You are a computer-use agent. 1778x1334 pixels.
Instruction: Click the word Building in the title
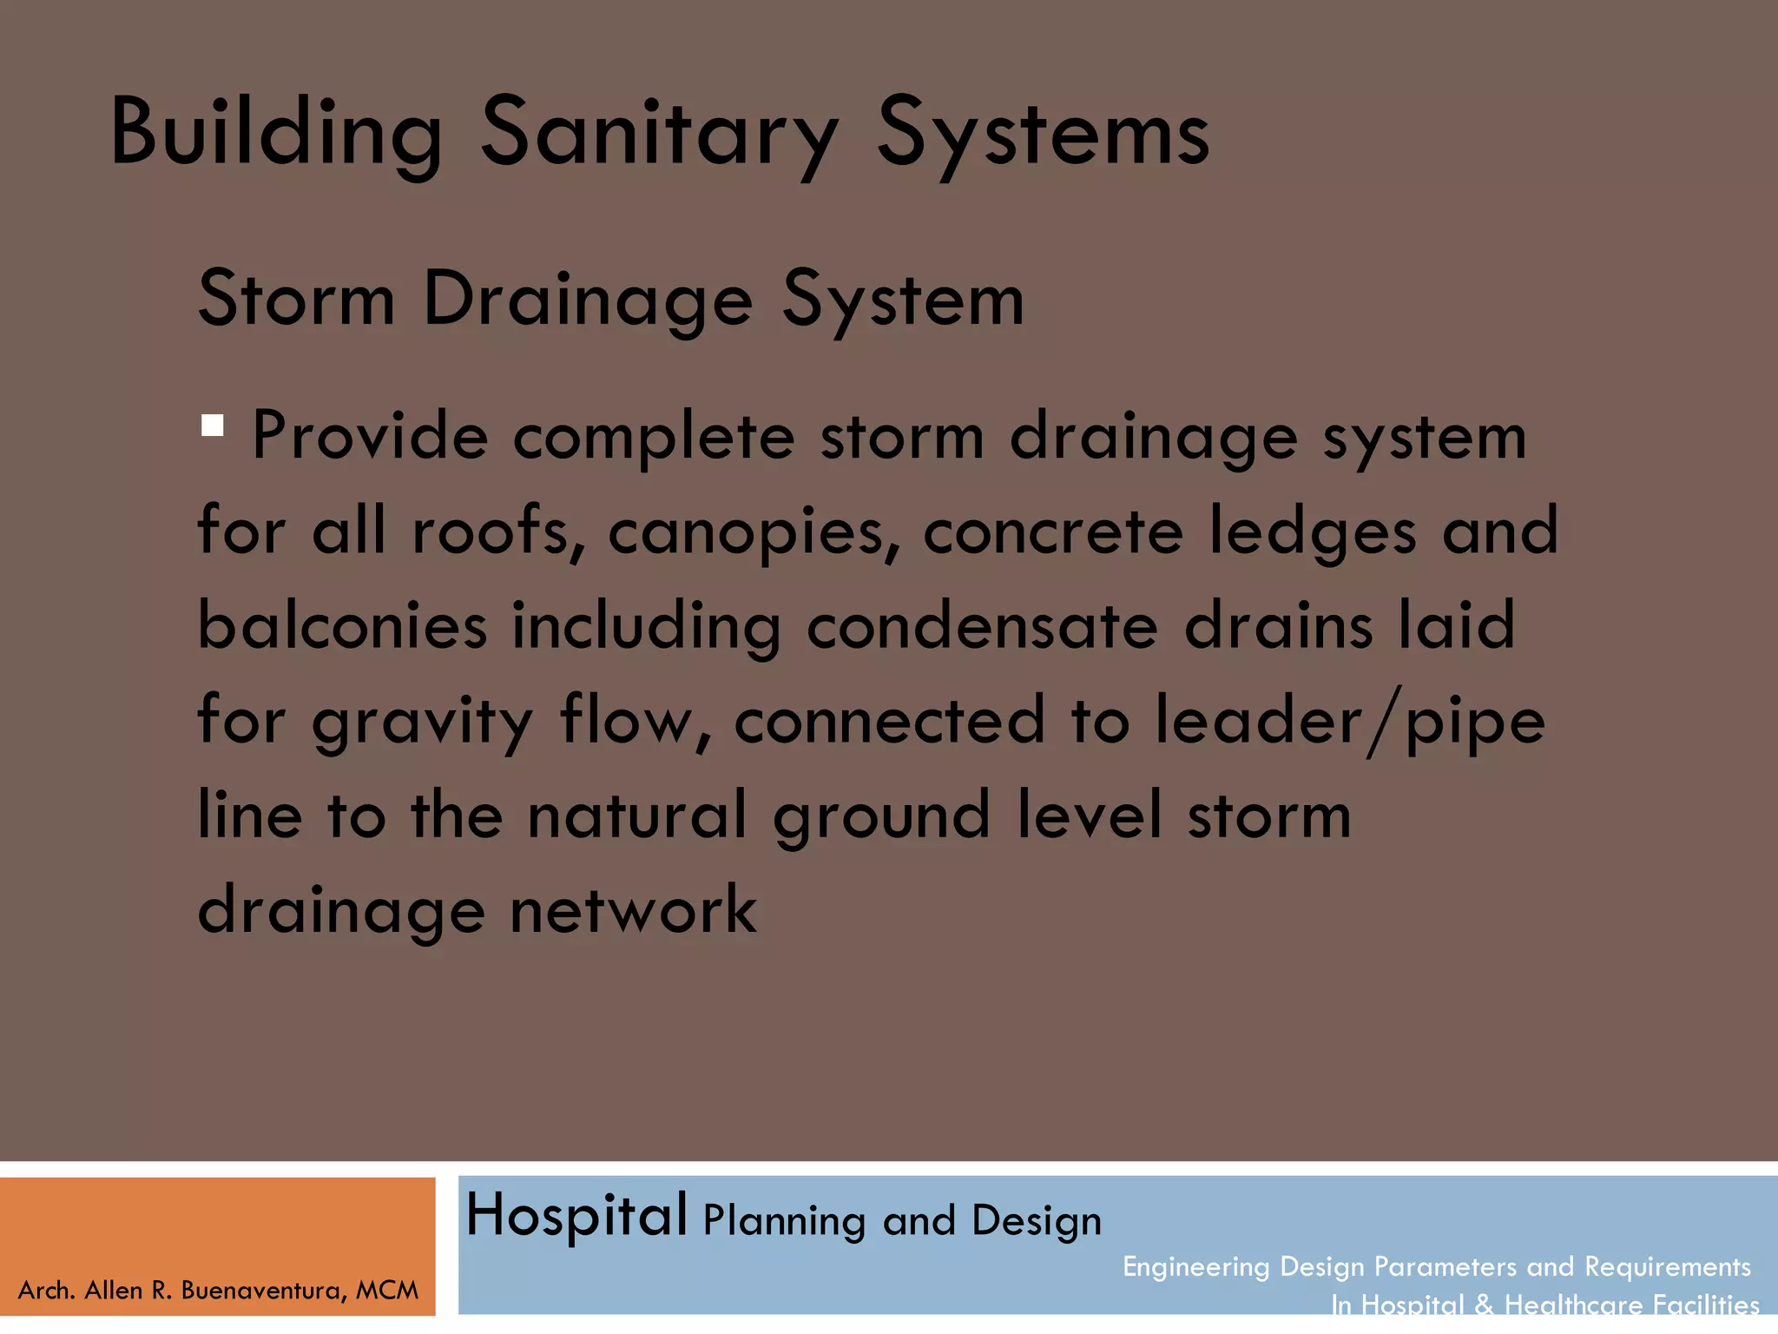tap(276, 132)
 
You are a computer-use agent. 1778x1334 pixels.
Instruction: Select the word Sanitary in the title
tap(660, 132)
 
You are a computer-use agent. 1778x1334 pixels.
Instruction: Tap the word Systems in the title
tap(1042, 132)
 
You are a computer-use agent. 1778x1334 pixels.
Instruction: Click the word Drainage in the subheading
tap(588, 300)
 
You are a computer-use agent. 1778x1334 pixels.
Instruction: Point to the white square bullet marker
tap(212, 426)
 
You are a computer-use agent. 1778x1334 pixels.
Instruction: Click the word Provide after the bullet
tap(370, 435)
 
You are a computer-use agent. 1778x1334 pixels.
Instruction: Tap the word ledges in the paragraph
tap(1313, 532)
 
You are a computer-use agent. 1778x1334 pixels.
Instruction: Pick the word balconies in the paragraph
tap(342, 625)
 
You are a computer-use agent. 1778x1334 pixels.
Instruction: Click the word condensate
tap(982, 625)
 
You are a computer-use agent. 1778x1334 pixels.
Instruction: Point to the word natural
tap(637, 816)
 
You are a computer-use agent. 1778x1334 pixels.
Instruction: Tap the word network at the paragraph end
tap(633, 910)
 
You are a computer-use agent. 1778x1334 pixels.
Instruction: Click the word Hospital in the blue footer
tap(576, 1215)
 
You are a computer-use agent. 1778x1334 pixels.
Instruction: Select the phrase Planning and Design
tap(902, 1220)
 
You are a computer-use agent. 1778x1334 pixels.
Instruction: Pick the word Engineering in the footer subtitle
tap(1196, 1267)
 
